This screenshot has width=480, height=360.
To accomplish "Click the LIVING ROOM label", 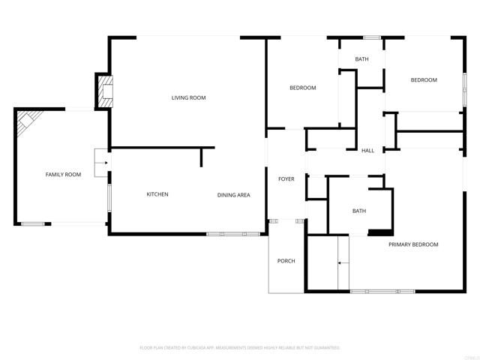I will [x=188, y=97].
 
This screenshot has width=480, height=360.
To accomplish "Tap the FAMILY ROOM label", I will [x=63, y=175].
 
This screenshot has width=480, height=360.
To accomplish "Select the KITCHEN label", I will [x=157, y=194].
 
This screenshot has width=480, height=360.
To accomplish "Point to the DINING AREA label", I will [x=233, y=195].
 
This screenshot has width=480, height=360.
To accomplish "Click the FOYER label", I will [x=286, y=179].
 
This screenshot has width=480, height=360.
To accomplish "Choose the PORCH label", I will [x=286, y=261].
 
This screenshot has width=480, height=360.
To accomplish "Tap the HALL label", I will [x=367, y=151].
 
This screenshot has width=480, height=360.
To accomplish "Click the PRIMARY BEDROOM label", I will [x=413, y=244].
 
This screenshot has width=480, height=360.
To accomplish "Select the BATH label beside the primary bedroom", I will [x=359, y=211].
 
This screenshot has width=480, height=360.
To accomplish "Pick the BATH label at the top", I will [x=361, y=59].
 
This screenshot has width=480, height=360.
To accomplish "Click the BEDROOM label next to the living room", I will [x=303, y=88].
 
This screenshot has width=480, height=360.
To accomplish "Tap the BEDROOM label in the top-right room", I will [x=423, y=80].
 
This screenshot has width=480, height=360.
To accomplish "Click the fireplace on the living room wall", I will [x=103, y=91].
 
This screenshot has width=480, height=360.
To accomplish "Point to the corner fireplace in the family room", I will [x=28, y=120].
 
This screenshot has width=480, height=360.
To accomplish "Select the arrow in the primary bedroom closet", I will [x=343, y=262].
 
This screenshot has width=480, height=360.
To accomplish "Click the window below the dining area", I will [x=233, y=234].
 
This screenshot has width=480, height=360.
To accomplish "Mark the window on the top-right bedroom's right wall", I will [x=465, y=82].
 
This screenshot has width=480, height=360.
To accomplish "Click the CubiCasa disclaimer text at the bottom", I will [x=240, y=348].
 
